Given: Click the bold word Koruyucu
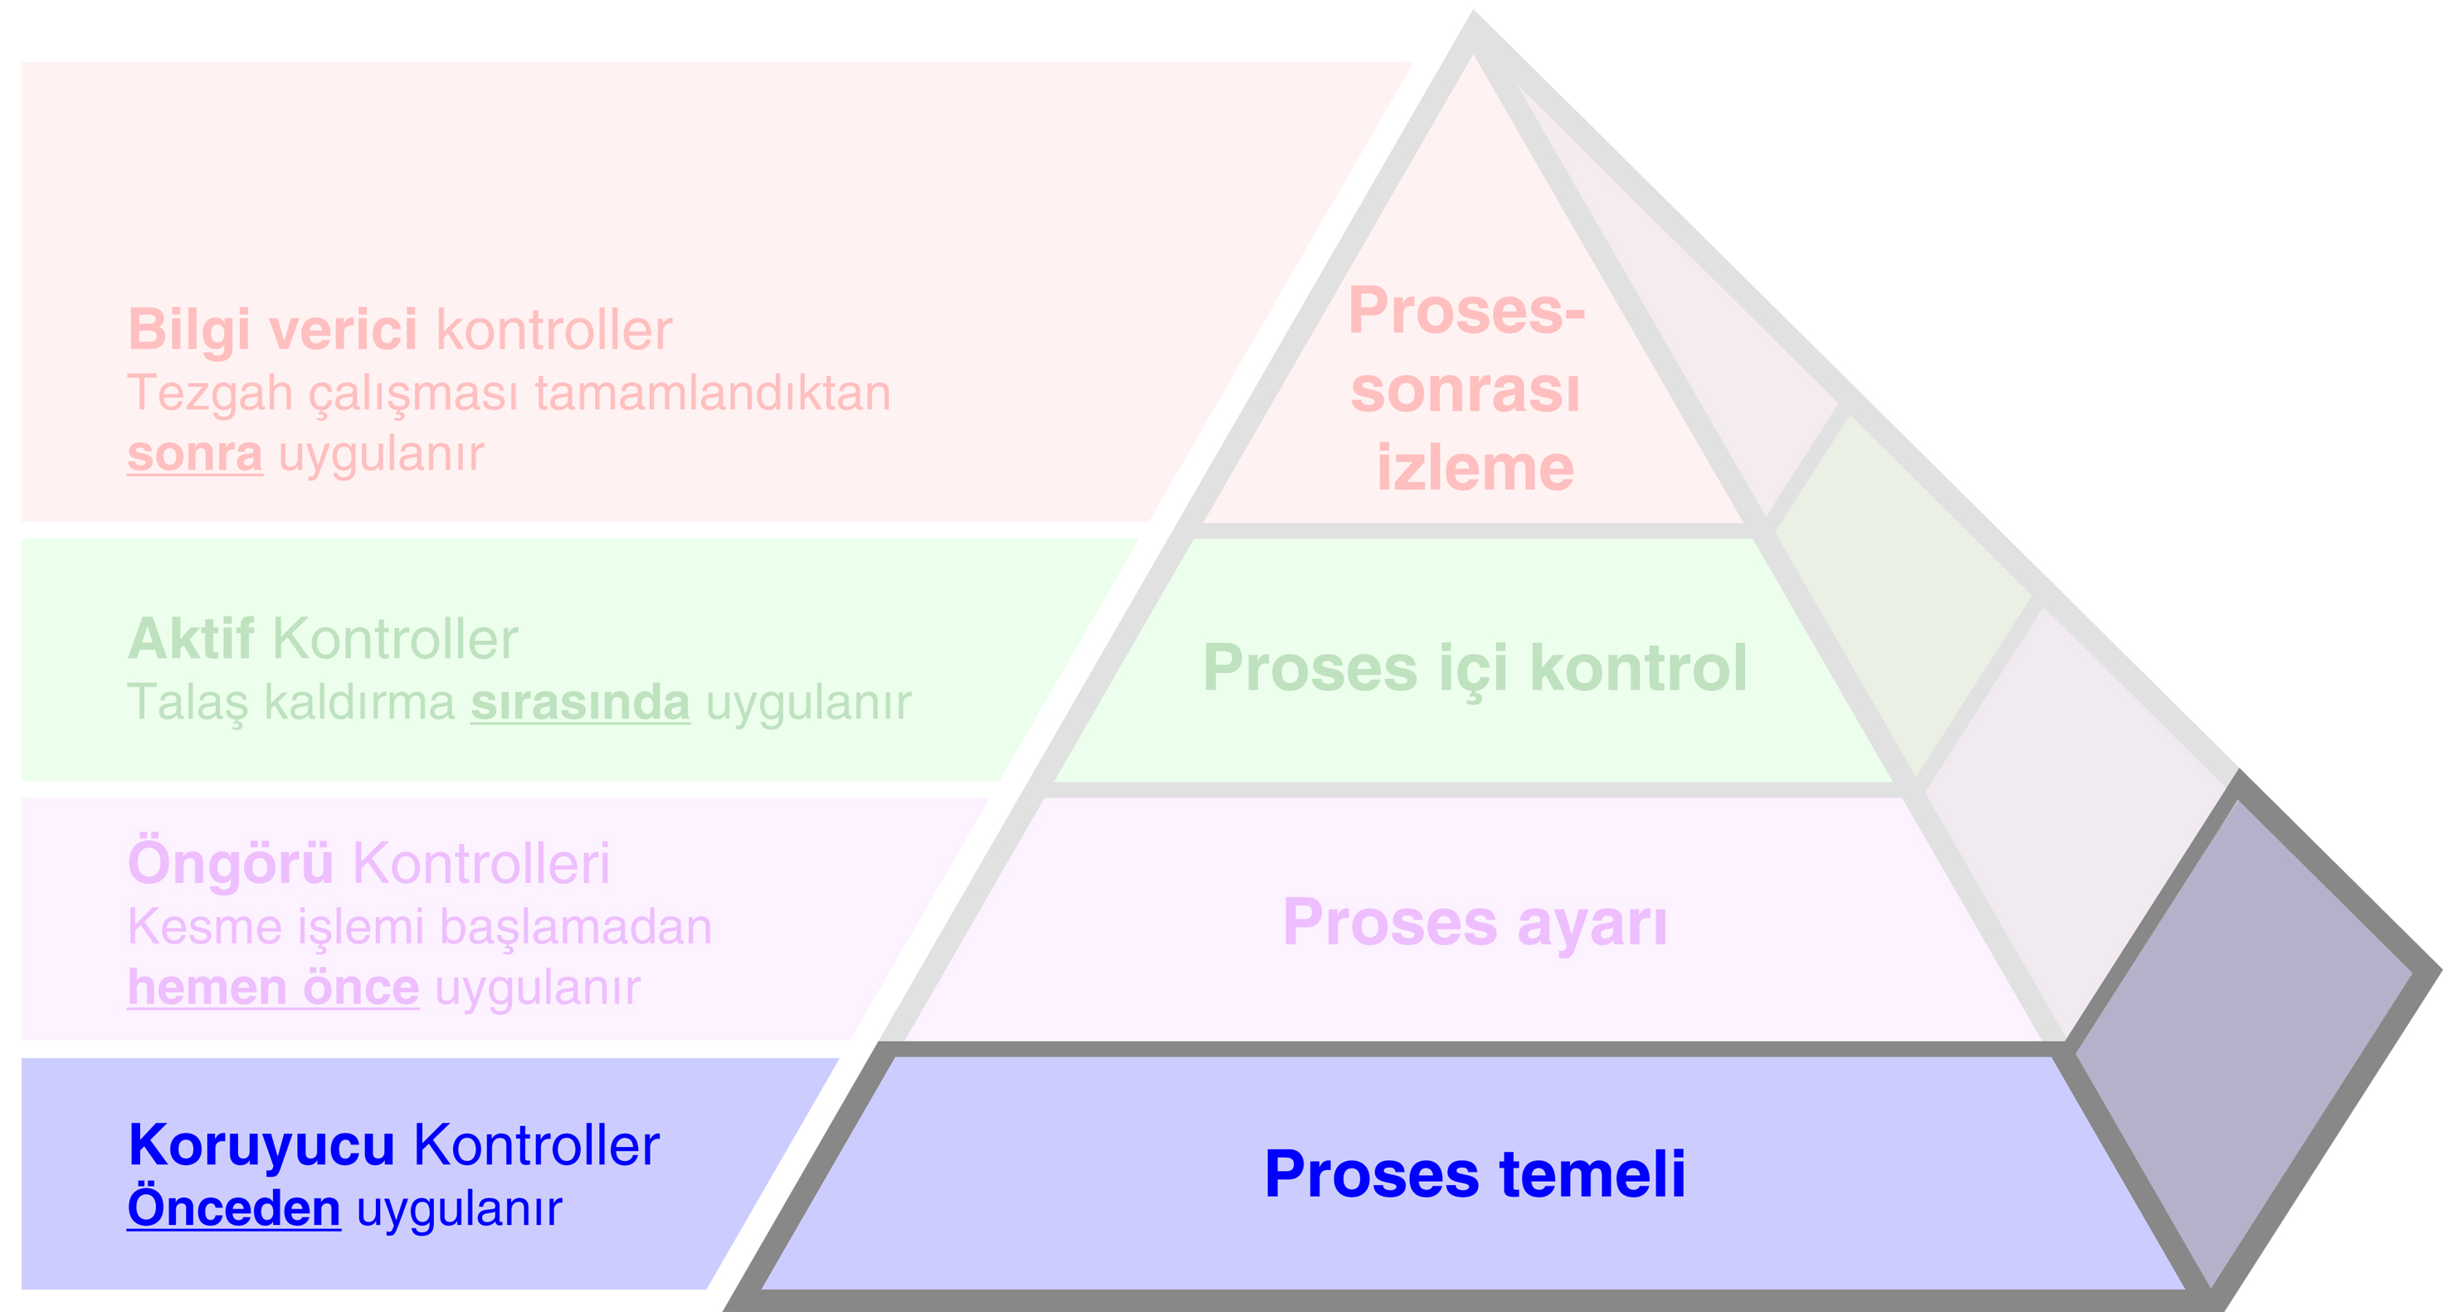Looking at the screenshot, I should pos(261,1146).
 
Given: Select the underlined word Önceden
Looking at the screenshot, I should pos(233,1208).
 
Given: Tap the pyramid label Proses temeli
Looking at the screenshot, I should pos(1475,1174).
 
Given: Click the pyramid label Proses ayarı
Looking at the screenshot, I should pos(1475,922).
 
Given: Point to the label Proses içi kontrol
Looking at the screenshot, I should pos(1475,669).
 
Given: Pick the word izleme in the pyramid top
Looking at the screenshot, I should pos(1475,469).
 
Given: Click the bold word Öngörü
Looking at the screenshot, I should pos(231,864).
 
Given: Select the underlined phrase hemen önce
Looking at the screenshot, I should pos(273,988).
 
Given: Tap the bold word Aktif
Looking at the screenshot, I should pos(191,639).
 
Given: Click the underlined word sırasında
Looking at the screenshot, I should pos(579,703).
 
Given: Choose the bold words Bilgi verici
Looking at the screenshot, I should pos(272,330).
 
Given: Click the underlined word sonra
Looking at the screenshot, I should pos(194,455).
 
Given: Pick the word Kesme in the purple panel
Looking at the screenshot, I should pos(204,927).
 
